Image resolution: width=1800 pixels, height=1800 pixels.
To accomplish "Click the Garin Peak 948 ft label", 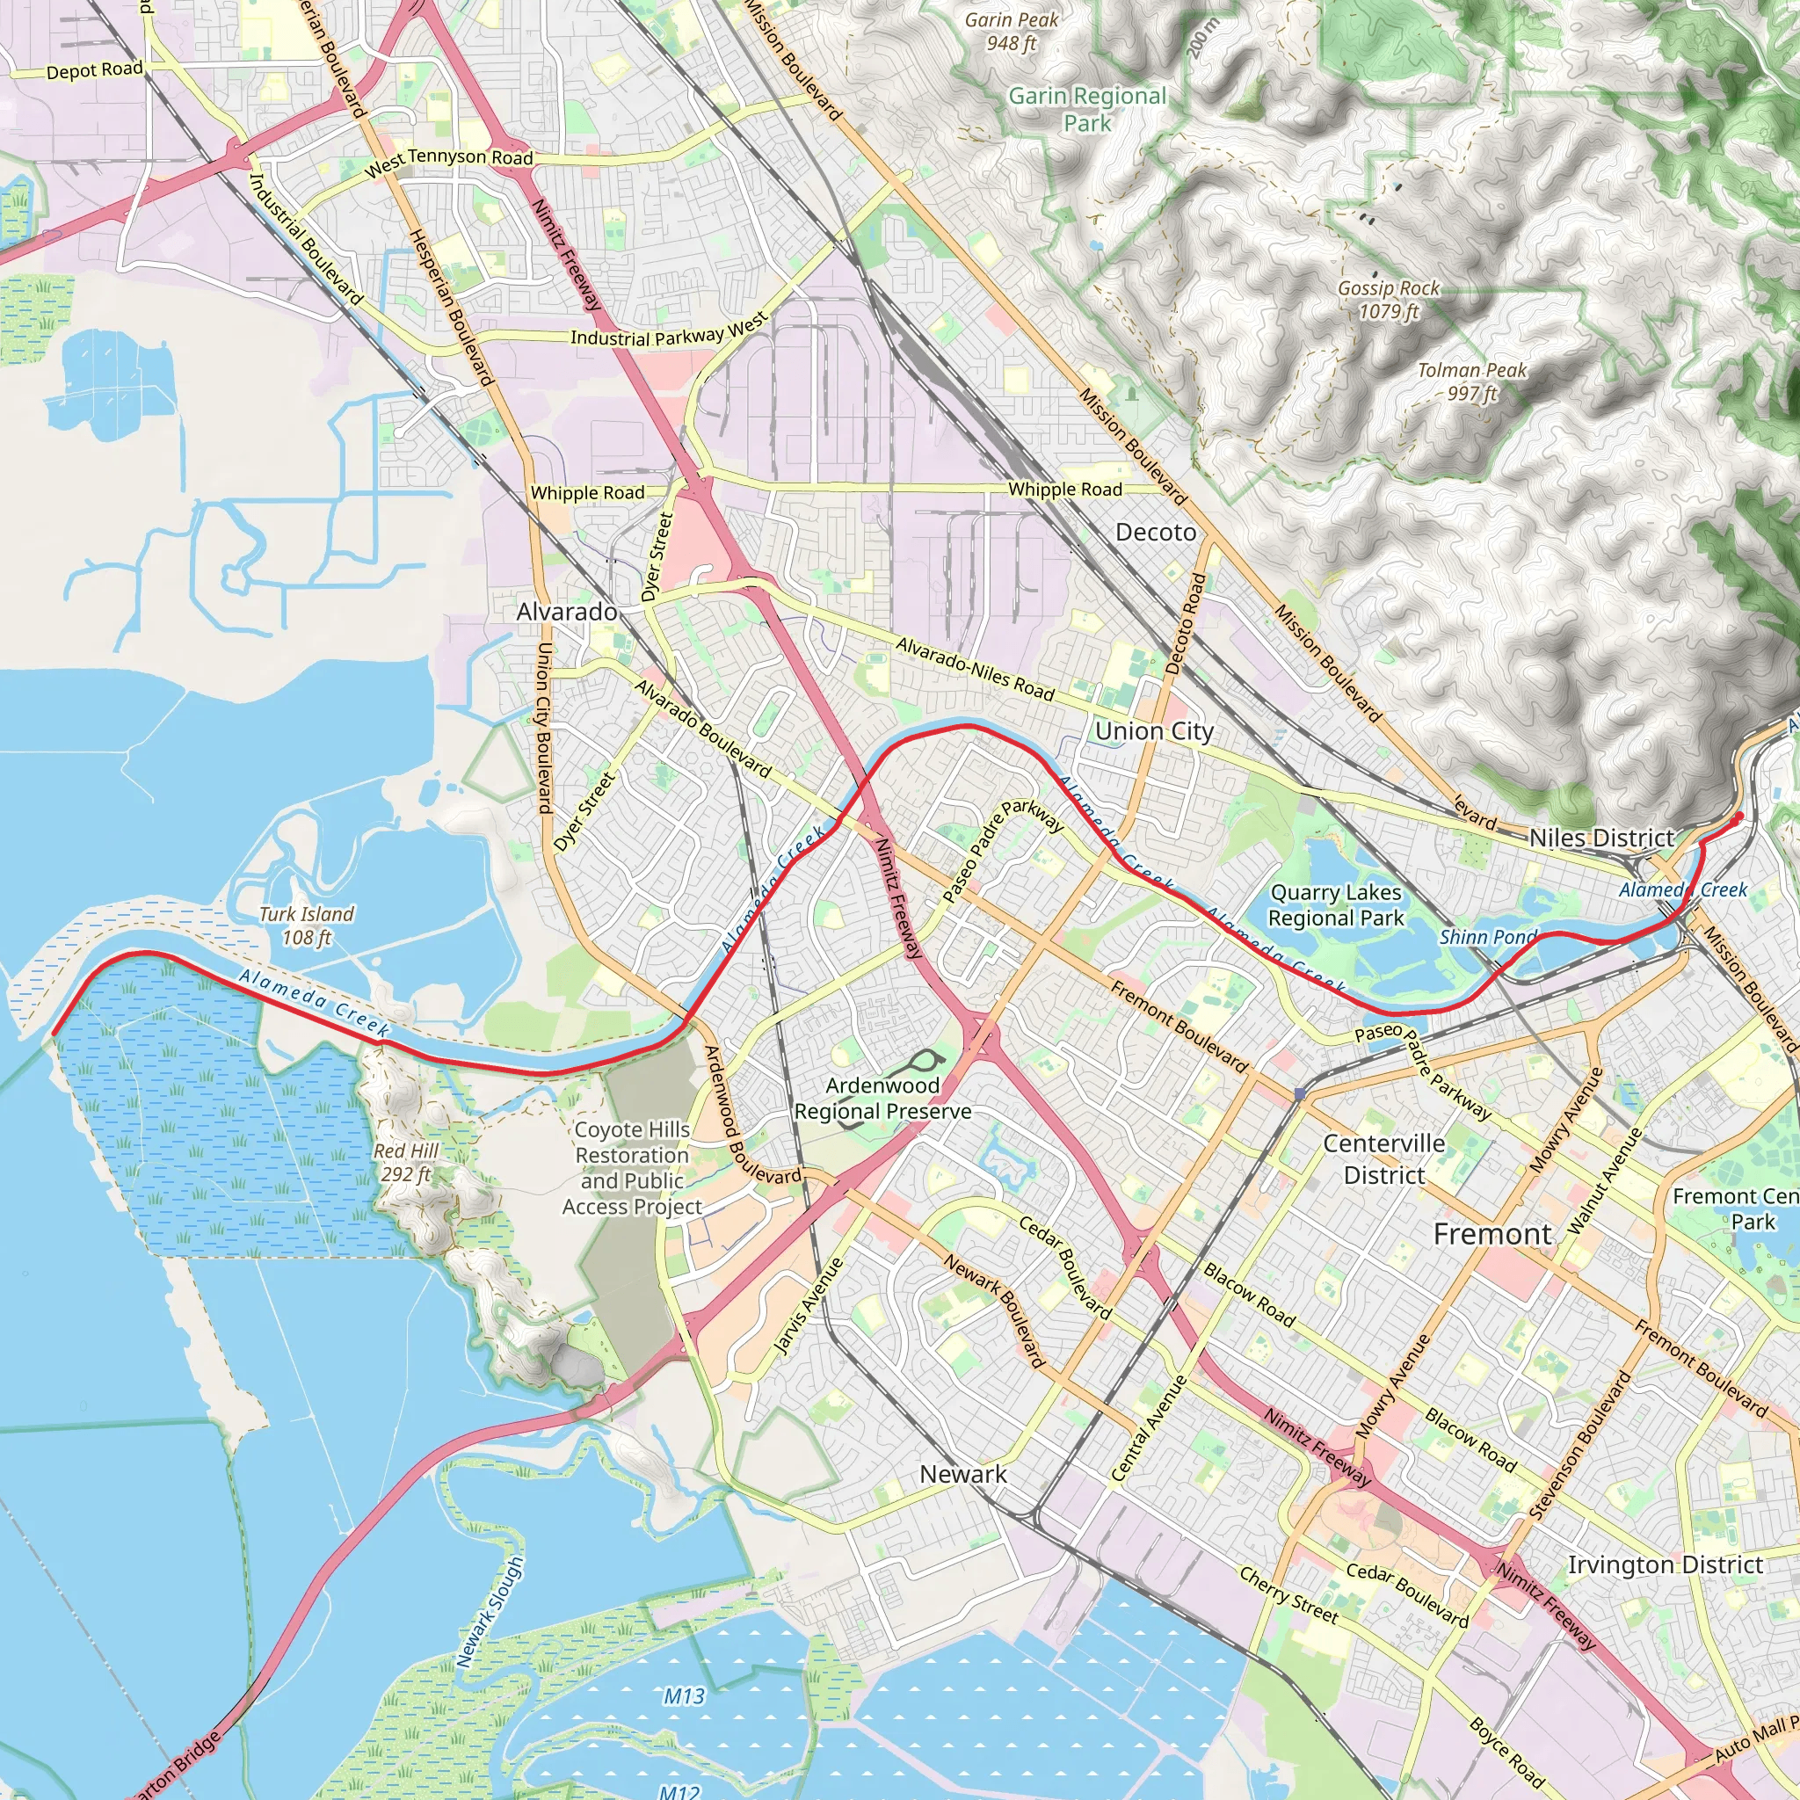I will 1011,31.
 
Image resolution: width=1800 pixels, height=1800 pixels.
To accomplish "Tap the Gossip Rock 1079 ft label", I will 1388,300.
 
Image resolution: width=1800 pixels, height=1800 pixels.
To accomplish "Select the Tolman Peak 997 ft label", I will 1471,382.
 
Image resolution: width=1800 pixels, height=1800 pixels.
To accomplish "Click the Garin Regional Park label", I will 1087,109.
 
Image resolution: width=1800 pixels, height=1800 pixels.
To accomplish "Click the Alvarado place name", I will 567,611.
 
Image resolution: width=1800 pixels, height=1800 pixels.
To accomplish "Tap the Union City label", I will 1153,731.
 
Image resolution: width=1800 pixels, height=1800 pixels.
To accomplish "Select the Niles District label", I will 1601,838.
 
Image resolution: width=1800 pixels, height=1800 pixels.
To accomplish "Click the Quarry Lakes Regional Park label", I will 1335,904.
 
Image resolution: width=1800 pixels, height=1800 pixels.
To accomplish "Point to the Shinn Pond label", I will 1488,937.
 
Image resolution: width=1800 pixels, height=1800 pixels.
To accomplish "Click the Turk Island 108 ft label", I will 307,925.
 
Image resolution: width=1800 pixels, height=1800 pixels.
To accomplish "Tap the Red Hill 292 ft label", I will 405,1162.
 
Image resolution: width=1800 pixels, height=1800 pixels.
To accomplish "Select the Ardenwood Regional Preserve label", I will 882,1098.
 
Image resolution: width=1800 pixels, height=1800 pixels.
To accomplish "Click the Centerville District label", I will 1383,1159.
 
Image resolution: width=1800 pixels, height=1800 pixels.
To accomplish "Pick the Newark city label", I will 962,1474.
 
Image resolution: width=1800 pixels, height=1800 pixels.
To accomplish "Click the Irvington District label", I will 1665,1564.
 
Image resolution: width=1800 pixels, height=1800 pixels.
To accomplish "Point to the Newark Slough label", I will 490,1612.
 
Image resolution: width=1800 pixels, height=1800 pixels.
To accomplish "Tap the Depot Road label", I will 94,71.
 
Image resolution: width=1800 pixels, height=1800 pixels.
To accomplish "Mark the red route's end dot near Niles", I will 1738,817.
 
